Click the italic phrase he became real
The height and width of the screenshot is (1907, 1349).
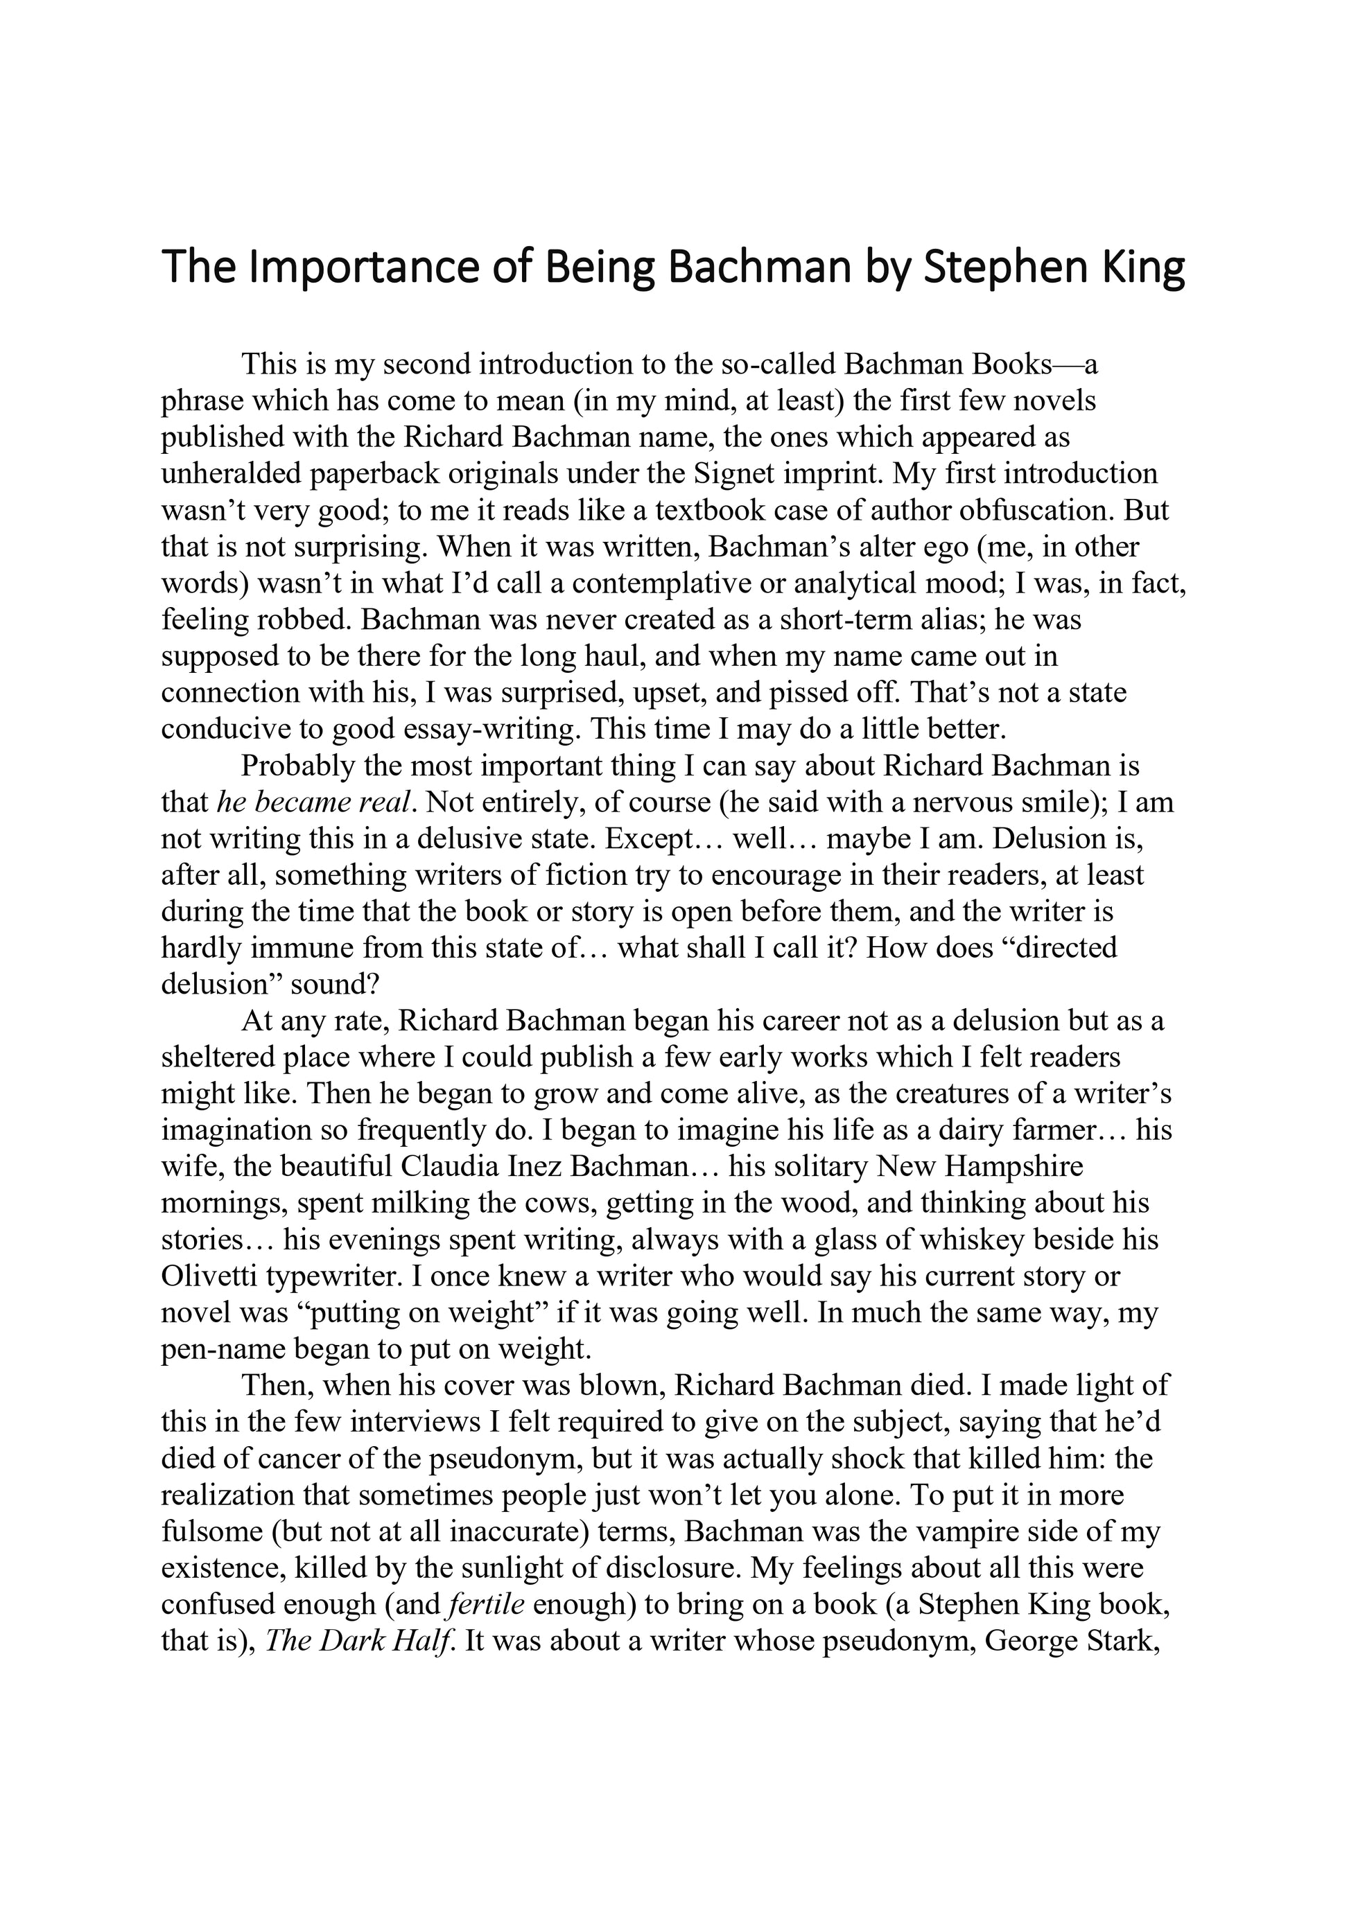pos(314,802)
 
